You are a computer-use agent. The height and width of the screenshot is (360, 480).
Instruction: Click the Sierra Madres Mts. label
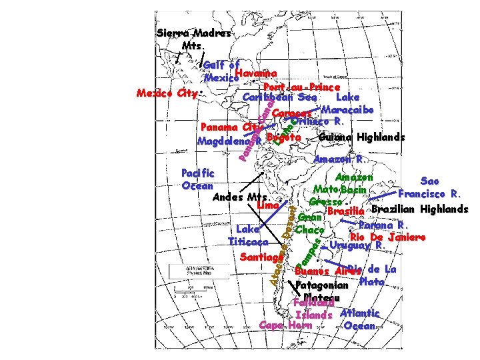[194, 39]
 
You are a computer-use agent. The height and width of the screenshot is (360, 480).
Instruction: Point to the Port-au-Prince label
[302, 87]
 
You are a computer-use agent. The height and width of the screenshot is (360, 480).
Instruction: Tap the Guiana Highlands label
[361, 137]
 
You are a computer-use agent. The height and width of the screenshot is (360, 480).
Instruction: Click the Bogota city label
[284, 138]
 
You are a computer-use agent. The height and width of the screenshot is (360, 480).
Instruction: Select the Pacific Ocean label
[197, 179]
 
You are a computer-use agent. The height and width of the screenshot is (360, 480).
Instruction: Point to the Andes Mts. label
[239, 197]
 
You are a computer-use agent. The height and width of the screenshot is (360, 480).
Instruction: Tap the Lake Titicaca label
[248, 235]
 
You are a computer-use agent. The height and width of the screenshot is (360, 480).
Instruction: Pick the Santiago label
[261, 257]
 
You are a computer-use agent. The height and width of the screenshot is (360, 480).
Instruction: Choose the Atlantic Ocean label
[359, 319]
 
